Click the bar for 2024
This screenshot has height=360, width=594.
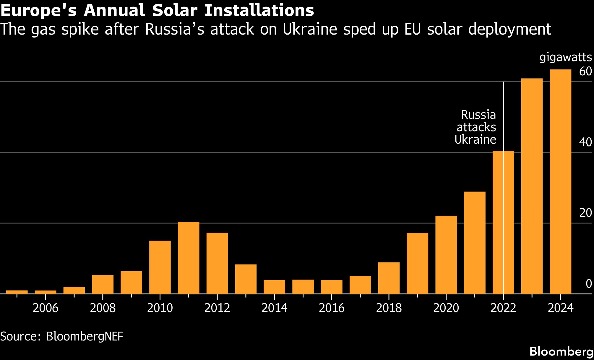click(560, 181)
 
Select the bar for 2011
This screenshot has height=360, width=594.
click(189, 258)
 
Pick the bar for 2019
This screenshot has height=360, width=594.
click(417, 263)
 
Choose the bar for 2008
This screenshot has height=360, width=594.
click(103, 284)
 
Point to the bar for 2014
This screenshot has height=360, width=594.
click(274, 287)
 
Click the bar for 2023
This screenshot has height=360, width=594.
click(532, 186)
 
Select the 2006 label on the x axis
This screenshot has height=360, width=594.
click(45, 308)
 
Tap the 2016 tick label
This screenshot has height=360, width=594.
click(332, 308)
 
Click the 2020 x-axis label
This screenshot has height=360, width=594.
click(446, 308)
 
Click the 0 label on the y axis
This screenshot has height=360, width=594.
click(588, 284)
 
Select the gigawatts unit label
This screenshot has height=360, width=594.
click(566, 57)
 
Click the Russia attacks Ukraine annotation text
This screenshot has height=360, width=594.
click(476, 127)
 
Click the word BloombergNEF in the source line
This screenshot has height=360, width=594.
click(85, 336)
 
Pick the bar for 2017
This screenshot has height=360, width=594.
click(360, 285)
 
